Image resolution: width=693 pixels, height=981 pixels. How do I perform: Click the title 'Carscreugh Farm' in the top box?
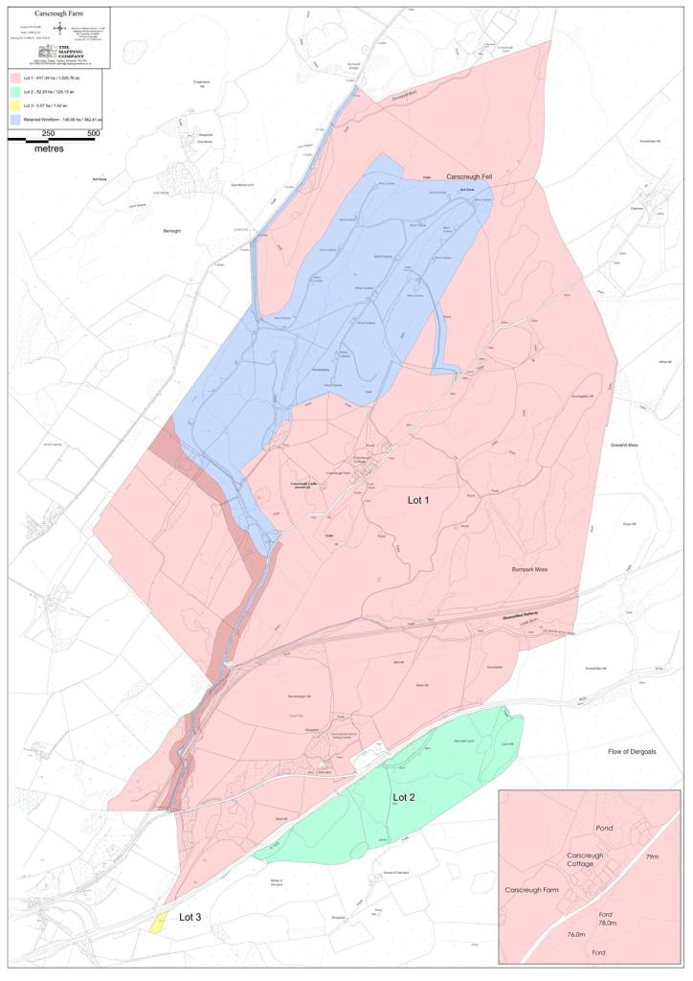coord(56,14)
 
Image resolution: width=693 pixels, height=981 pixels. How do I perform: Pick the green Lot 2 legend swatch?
coord(16,90)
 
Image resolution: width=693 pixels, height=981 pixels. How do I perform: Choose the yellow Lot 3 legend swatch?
coord(16,105)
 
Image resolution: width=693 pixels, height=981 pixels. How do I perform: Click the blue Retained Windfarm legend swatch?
coord(16,121)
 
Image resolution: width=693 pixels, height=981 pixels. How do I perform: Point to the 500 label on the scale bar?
coord(94,133)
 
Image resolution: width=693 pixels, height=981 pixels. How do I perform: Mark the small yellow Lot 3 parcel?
coord(157,924)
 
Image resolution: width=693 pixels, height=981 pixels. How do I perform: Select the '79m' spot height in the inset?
coord(653,856)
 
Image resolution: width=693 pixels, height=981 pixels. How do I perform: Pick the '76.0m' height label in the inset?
coord(576,933)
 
